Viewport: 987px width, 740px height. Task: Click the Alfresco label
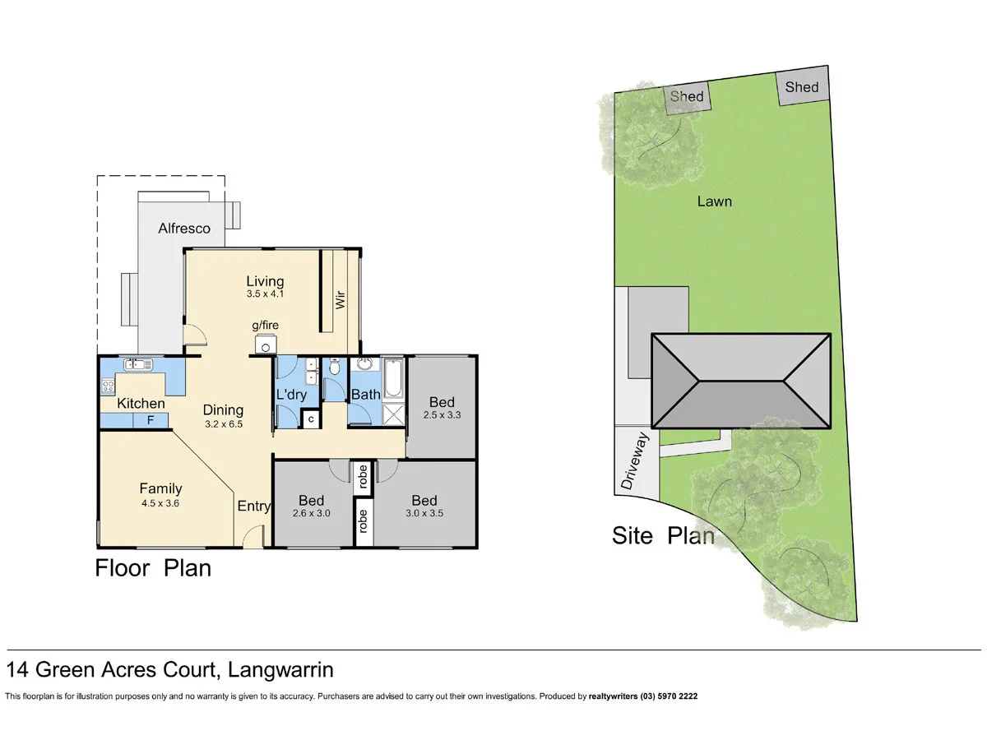tap(184, 229)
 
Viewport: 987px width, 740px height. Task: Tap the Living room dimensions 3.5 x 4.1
tap(265, 294)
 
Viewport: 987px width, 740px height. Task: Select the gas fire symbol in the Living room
tap(266, 345)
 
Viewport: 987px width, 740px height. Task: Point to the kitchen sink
tap(135, 365)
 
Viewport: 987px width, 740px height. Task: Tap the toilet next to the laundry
tap(334, 369)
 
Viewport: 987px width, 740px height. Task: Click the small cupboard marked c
tap(311, 419)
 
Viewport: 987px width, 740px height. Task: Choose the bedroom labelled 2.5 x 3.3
tap(442, 408)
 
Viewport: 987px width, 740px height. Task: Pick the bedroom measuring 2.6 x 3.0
tap(312, 506)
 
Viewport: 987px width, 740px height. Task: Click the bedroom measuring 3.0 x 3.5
tap(424, 506)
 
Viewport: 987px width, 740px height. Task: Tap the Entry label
tap(253, 506)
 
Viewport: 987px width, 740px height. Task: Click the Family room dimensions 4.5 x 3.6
tap(160, 503)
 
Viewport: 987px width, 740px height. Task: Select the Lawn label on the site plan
tap(714, 201)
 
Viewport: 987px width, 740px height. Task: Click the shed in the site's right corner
tap(801, 87)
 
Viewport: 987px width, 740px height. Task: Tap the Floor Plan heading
tap(153, 568)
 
